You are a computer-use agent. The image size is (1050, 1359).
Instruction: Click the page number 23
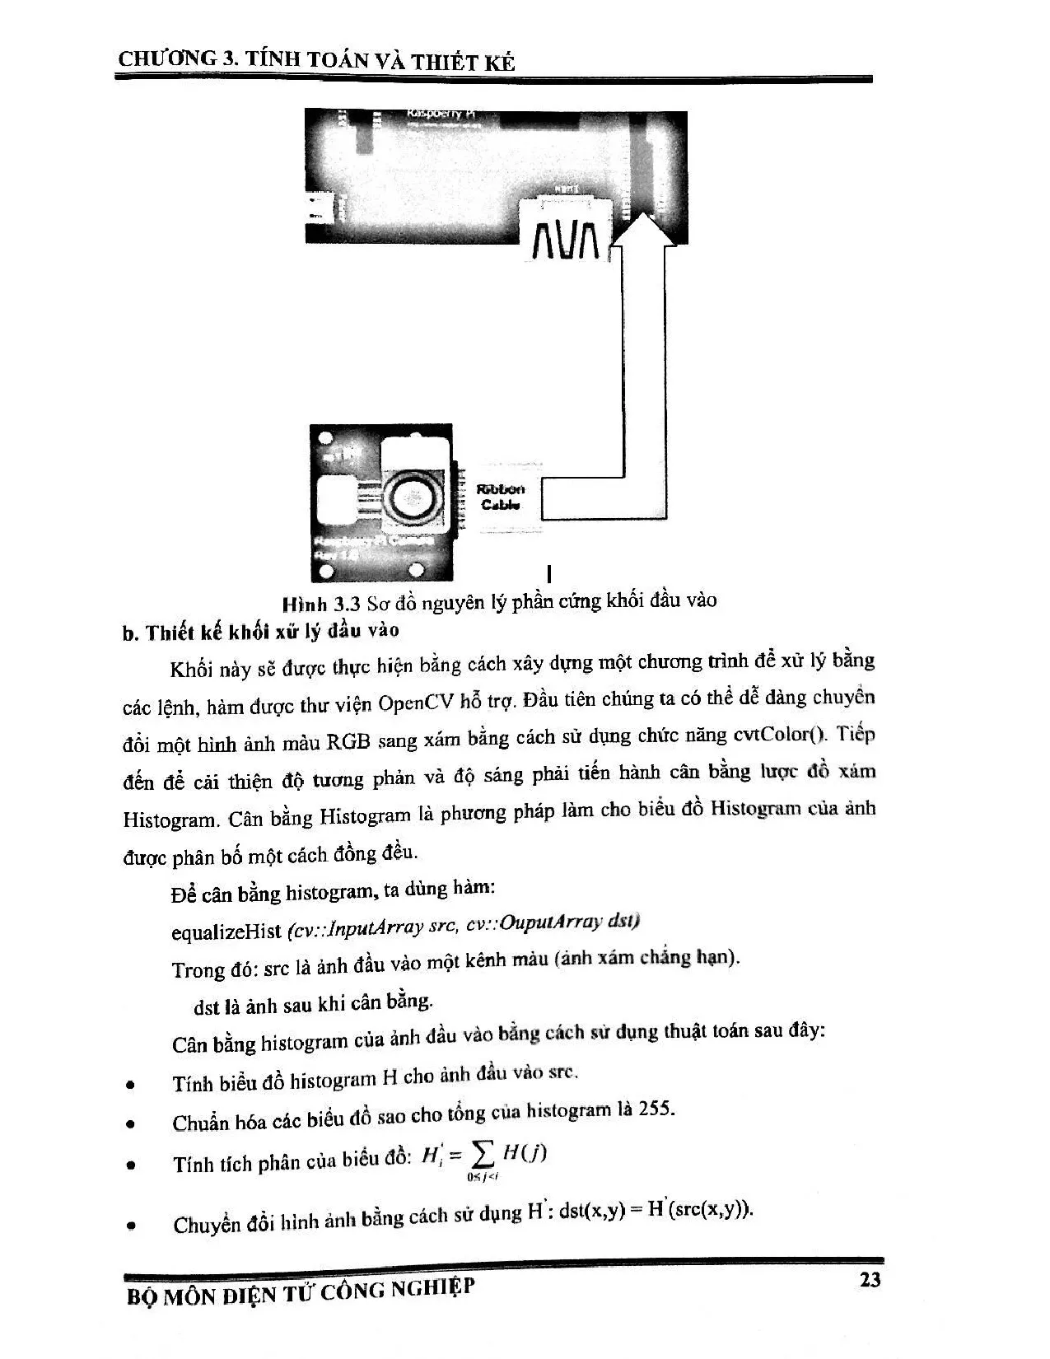coord(870,1279)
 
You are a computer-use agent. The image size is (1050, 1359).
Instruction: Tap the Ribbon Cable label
coord(501,497)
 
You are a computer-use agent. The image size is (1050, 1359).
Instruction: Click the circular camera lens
coord(409,497)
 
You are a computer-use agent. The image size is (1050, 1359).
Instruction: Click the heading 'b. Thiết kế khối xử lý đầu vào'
coord(259,633)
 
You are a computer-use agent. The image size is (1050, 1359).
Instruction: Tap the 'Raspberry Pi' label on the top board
coord(441,114)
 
